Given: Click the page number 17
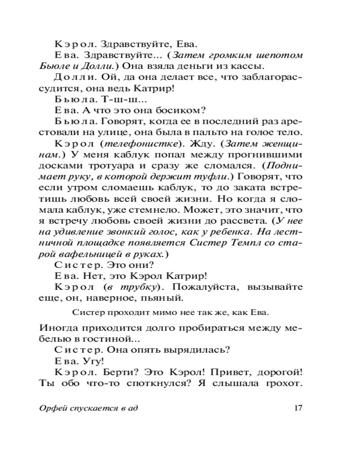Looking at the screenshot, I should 297,409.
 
